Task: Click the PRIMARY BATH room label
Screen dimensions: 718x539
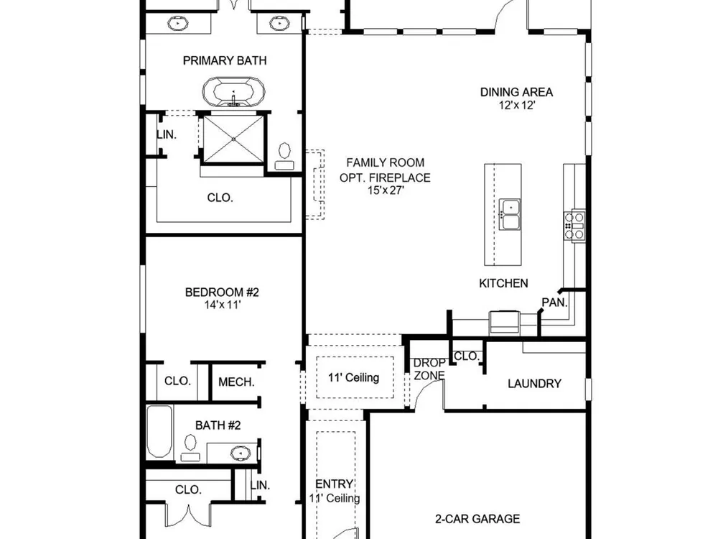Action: point(224,60)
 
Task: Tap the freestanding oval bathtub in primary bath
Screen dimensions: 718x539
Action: point(234,92)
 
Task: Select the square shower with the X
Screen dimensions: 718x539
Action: point(233,139)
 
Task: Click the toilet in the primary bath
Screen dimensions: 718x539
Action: point(285,157)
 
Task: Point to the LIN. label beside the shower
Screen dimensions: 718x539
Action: point(167,135)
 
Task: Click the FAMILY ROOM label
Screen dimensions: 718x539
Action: point(385,162)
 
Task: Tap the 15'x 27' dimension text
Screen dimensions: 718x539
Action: point(385,190)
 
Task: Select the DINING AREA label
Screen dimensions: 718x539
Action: point(516,92)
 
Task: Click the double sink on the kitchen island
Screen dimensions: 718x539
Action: point(510,214)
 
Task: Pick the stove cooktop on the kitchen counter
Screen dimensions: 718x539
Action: point(574,226)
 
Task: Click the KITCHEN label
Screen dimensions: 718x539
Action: point(503,283)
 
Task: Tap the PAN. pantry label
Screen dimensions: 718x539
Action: point(554,303)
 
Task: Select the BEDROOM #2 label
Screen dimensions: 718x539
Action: point(222,292)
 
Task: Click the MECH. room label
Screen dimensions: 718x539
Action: point(236,382)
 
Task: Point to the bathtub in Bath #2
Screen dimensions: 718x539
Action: point(159,431)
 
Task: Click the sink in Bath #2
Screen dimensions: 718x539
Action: point(238,453)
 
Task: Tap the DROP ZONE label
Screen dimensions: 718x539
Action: point(429,369)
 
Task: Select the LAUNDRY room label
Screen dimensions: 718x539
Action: point(534,384)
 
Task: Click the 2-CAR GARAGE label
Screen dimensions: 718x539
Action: point(477,519)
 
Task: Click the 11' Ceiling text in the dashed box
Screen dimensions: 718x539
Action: point(353,378)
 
